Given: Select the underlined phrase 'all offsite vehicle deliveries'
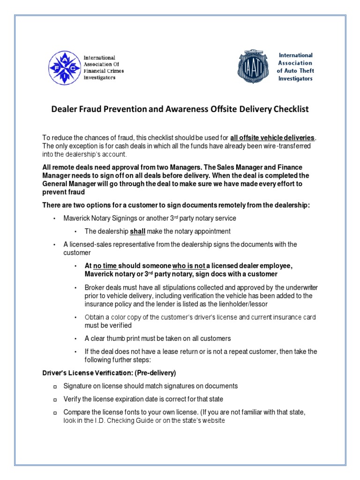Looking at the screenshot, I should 273,138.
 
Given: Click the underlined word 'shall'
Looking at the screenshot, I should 138,231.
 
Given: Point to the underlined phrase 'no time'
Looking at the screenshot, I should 106,266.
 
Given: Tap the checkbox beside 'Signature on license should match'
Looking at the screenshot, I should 54,386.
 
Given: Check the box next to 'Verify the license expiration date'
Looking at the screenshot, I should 54,399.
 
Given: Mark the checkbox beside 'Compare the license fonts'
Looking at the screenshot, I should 54,412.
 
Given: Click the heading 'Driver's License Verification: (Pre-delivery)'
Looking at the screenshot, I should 109,373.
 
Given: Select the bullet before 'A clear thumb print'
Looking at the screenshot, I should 75,338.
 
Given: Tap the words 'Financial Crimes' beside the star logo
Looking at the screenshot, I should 104,71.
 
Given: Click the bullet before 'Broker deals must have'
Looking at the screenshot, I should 75,287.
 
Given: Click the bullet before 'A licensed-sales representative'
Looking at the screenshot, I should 54,245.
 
